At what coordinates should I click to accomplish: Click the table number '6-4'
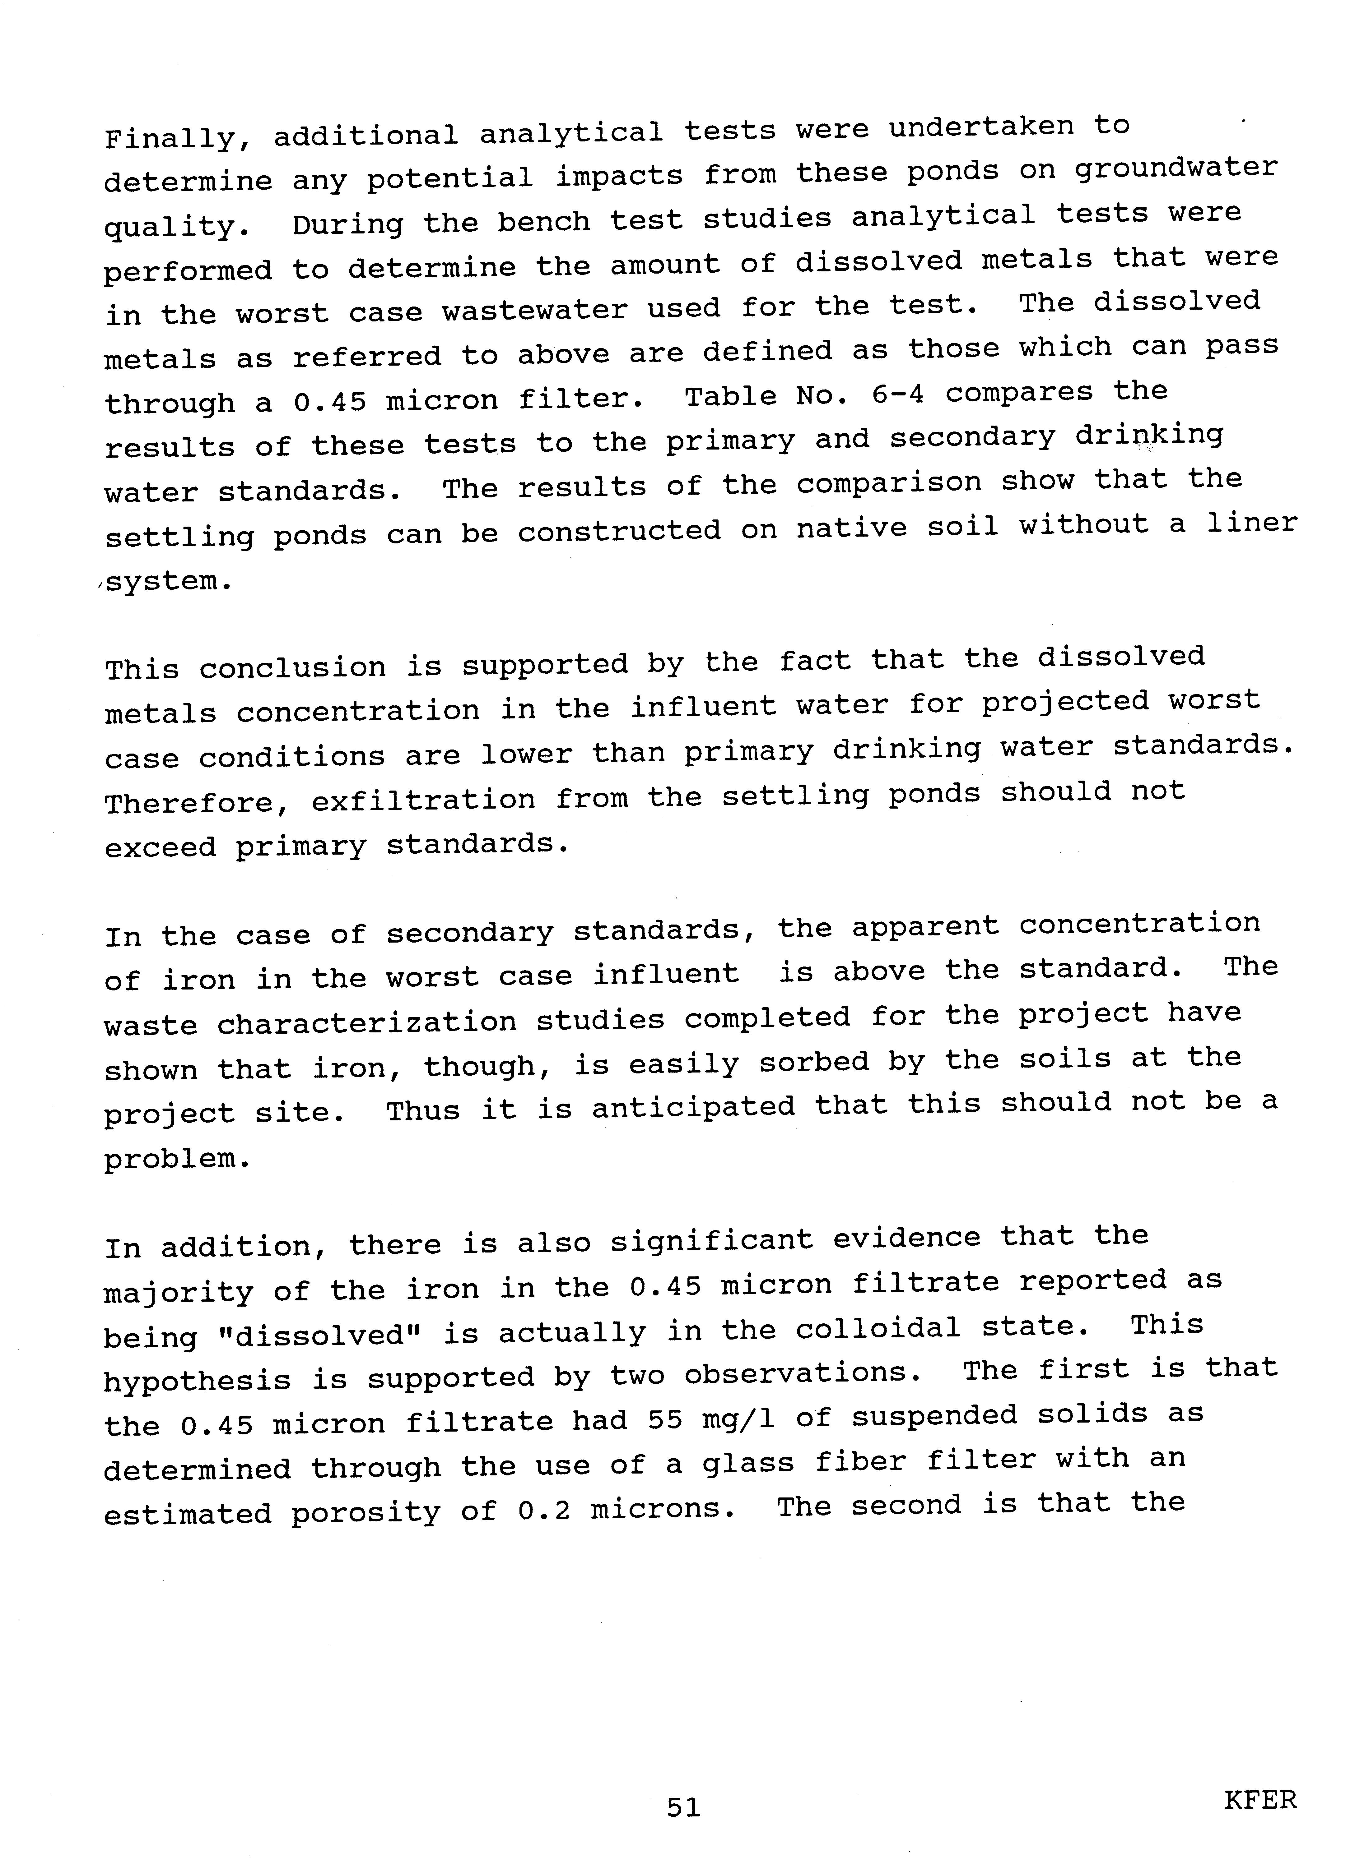point(898,395)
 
